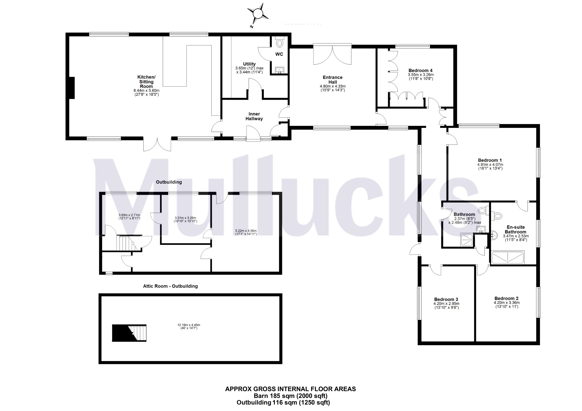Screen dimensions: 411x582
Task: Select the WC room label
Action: (279, 54)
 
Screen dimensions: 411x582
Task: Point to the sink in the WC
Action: (280, 70)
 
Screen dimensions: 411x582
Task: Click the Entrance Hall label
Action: (333, 80)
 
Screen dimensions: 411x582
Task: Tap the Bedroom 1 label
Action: (490, 160)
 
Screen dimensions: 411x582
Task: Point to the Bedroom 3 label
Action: (446, 299)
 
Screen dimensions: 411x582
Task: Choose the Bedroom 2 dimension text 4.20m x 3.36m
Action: (506, 303)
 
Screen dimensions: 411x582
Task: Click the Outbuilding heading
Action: (169, 182)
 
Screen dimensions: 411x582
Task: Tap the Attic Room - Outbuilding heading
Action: (170, 286)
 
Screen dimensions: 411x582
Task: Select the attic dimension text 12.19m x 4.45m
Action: (190, 325)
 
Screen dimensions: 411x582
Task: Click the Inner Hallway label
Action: (254, 116)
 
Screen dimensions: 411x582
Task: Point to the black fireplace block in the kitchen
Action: (72, 88)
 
